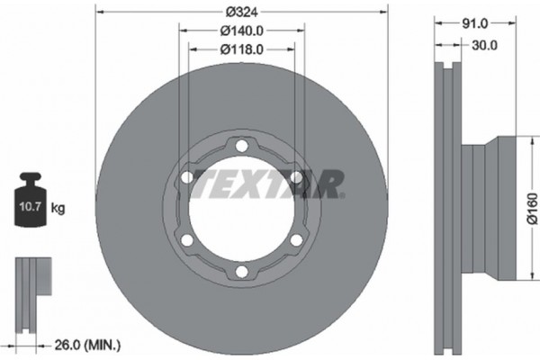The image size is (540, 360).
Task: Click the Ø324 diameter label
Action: pos(242,13)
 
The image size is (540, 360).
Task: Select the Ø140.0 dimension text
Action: pos(242,31)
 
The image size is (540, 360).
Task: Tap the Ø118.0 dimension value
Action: pos(242,49)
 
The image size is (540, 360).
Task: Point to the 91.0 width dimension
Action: pos(475,23)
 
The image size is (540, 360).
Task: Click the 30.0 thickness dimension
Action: pos(484,45)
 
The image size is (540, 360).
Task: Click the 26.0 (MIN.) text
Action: pos(88,346)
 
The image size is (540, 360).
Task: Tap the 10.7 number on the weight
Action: pos(30,207)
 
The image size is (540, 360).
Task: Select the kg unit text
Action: pos(58,208)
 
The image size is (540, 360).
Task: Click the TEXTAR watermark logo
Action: pos(269,184)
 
